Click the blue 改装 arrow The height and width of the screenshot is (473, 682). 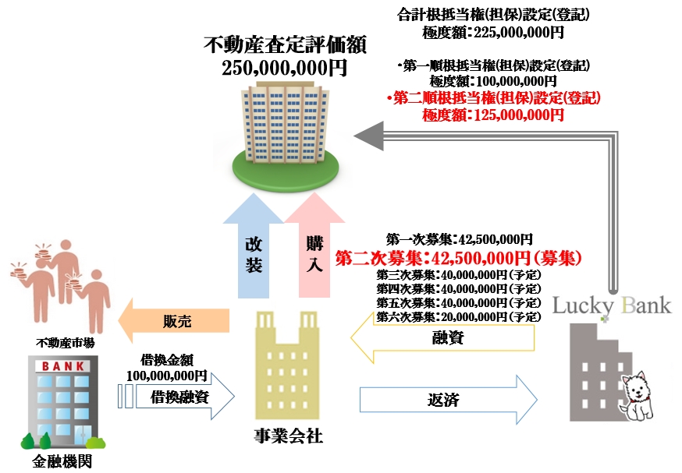tap(254, 254)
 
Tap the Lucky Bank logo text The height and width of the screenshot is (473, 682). tap(612, 304)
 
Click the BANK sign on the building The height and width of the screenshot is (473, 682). tap(60, 365)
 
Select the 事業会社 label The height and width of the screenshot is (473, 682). tap(289, 436)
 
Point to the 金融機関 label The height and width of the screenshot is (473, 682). tap(62, 461)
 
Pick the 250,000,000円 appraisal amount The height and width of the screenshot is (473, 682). tap(284, 68)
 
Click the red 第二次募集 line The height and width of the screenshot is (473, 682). tap(460, 256)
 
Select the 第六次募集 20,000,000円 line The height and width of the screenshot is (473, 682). tap(459, 316)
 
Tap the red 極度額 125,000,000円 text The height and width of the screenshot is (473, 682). tap(492, 115)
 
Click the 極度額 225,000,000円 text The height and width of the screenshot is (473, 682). tap(492, 33)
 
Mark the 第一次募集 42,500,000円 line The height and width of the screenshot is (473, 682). tap(460, 239)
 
